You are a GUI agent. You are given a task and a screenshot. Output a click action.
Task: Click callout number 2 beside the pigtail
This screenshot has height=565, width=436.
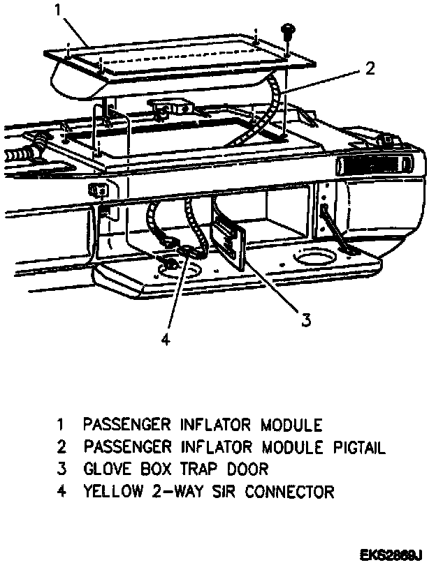click(371, 68)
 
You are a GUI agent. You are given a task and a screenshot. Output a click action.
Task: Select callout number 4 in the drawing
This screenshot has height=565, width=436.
click(166, 340)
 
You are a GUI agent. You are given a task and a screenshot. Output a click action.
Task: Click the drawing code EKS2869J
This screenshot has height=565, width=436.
click(391, 555)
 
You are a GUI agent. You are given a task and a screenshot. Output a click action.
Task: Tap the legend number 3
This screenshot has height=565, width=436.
click(61, 468)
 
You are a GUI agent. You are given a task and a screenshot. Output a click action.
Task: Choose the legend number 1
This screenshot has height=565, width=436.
click(61, 423)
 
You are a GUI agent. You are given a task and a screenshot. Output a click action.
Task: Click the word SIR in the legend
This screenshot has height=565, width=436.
click(223, 491)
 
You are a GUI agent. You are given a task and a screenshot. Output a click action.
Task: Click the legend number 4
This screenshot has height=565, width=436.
click(61, 491)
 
